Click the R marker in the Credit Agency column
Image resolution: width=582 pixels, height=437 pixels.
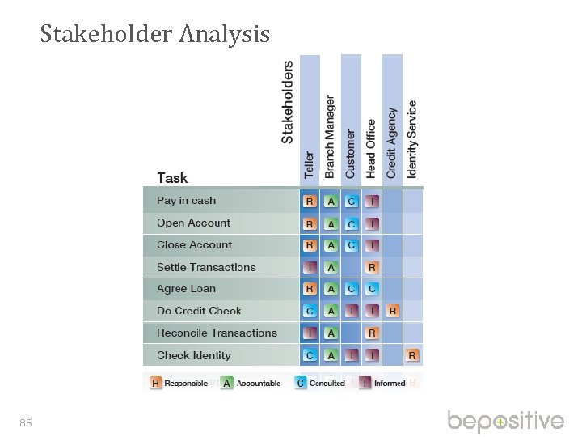(x=392, y=311)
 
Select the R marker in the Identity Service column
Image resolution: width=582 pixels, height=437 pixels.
(x=412, y=354)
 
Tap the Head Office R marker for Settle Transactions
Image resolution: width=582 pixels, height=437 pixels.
(x=372, y=267)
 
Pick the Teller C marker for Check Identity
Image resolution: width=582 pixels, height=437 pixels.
(x=310, y=354)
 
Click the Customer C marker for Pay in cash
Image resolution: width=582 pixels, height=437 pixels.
(x=351, y=201)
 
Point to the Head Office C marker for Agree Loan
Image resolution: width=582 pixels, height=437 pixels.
(x=372, y=289)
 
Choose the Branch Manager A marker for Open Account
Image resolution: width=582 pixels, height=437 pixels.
(x=330, y=223)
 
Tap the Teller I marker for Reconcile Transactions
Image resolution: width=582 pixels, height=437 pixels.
(x=310, y=333)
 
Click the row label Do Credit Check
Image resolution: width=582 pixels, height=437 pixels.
(x=199, y=311)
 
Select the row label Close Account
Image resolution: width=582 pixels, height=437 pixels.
(x=194, y=245)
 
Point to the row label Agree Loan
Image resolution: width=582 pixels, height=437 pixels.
(x=186, y=289)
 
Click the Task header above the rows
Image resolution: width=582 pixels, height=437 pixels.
(x=172, y=178)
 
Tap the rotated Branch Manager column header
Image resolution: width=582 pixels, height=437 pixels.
(x=330, y=137)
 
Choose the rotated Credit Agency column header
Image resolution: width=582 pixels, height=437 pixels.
(x=392, y=143)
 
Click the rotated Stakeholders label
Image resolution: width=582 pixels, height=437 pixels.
(x=288, y=104)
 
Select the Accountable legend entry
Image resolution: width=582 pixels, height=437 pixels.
(x=251, y=383)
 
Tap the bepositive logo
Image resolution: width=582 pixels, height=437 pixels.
(x=506, y=421)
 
